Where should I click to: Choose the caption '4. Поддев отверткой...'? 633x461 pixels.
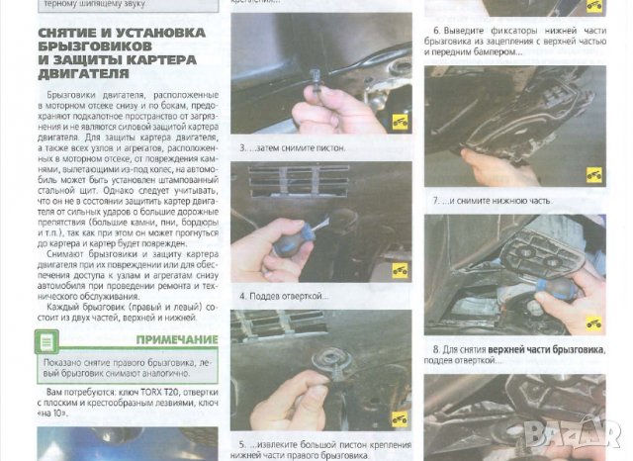coord(284,296)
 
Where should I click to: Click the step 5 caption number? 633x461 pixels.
coord(241,445)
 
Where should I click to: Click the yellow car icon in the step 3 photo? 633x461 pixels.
coord(400,122)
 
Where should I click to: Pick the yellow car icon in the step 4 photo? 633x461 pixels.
coord(400,269)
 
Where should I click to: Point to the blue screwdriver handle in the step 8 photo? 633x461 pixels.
coord(555,288)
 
